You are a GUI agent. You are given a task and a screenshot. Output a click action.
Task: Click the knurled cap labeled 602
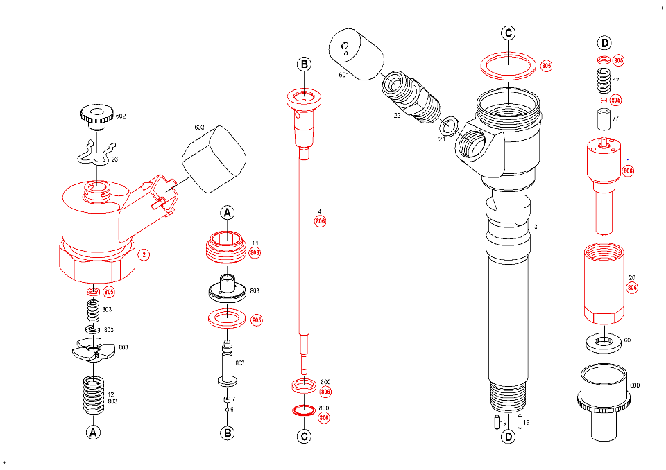(96, 114)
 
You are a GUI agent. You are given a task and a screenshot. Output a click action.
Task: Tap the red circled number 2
(144, 254)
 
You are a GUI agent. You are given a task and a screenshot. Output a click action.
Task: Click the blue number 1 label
(629, 161)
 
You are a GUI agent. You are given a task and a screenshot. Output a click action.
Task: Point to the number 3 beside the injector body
(535, 227)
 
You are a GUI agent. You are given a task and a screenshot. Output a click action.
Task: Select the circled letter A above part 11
(227, 213)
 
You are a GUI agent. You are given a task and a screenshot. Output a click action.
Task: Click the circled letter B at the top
(305, 64)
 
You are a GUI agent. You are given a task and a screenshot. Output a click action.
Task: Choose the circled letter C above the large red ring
(509, 33)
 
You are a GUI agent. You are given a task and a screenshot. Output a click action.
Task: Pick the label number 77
(615, 119)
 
